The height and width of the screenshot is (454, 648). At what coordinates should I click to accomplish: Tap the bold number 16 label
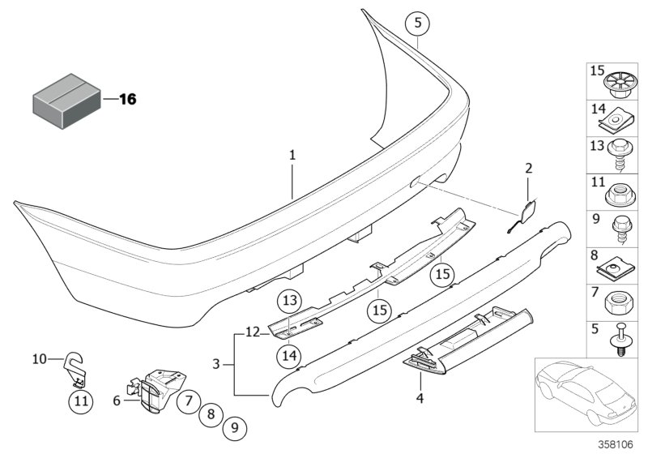click(128, 100)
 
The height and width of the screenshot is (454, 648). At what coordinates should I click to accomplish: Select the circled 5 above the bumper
click(416, 22)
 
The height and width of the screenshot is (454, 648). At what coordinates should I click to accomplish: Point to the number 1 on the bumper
click(293, 153)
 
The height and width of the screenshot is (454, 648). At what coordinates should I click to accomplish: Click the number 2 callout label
click(528, 169)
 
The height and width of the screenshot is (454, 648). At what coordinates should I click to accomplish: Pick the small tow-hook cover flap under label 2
click(522, 212)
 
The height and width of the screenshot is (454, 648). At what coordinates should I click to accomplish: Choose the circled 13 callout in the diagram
click(291, 302)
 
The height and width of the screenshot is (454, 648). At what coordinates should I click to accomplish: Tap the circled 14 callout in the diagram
click(291, 353)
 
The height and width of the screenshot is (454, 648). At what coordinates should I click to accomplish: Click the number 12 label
click(252, 332)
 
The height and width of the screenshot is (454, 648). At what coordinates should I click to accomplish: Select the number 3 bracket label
click(216, 366)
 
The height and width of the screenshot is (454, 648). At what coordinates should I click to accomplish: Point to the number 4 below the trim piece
click(421, 399)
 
